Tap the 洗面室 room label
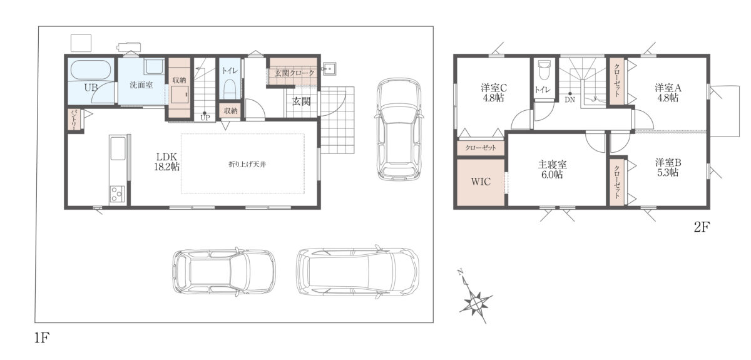[x=141, y=85]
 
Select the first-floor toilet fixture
[x=230, y=88]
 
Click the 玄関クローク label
[x=294, y=73]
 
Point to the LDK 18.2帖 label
[x=166, y=162]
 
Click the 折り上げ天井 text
[x=247, y=165]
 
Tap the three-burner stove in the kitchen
[x=117, y=194]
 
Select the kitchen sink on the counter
[x=118, y=148]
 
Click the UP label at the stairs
[x=205, y=118]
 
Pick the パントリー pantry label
[x=74, y=120]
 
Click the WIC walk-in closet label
[x=481, y=182]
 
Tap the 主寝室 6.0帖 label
[x=552, y=170]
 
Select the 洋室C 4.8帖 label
[x=494, y=93]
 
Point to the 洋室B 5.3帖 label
[x=668, y=167]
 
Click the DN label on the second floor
[x=570, y=100]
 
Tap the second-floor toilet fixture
[x=544, y=70]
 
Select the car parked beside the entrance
[x=399, y=130]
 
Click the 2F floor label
[x=702, y=227]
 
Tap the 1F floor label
[x=42, y=337]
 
